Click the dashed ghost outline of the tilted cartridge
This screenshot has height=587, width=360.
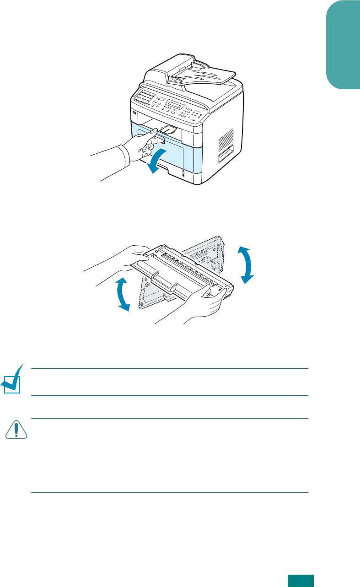[206, 256]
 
